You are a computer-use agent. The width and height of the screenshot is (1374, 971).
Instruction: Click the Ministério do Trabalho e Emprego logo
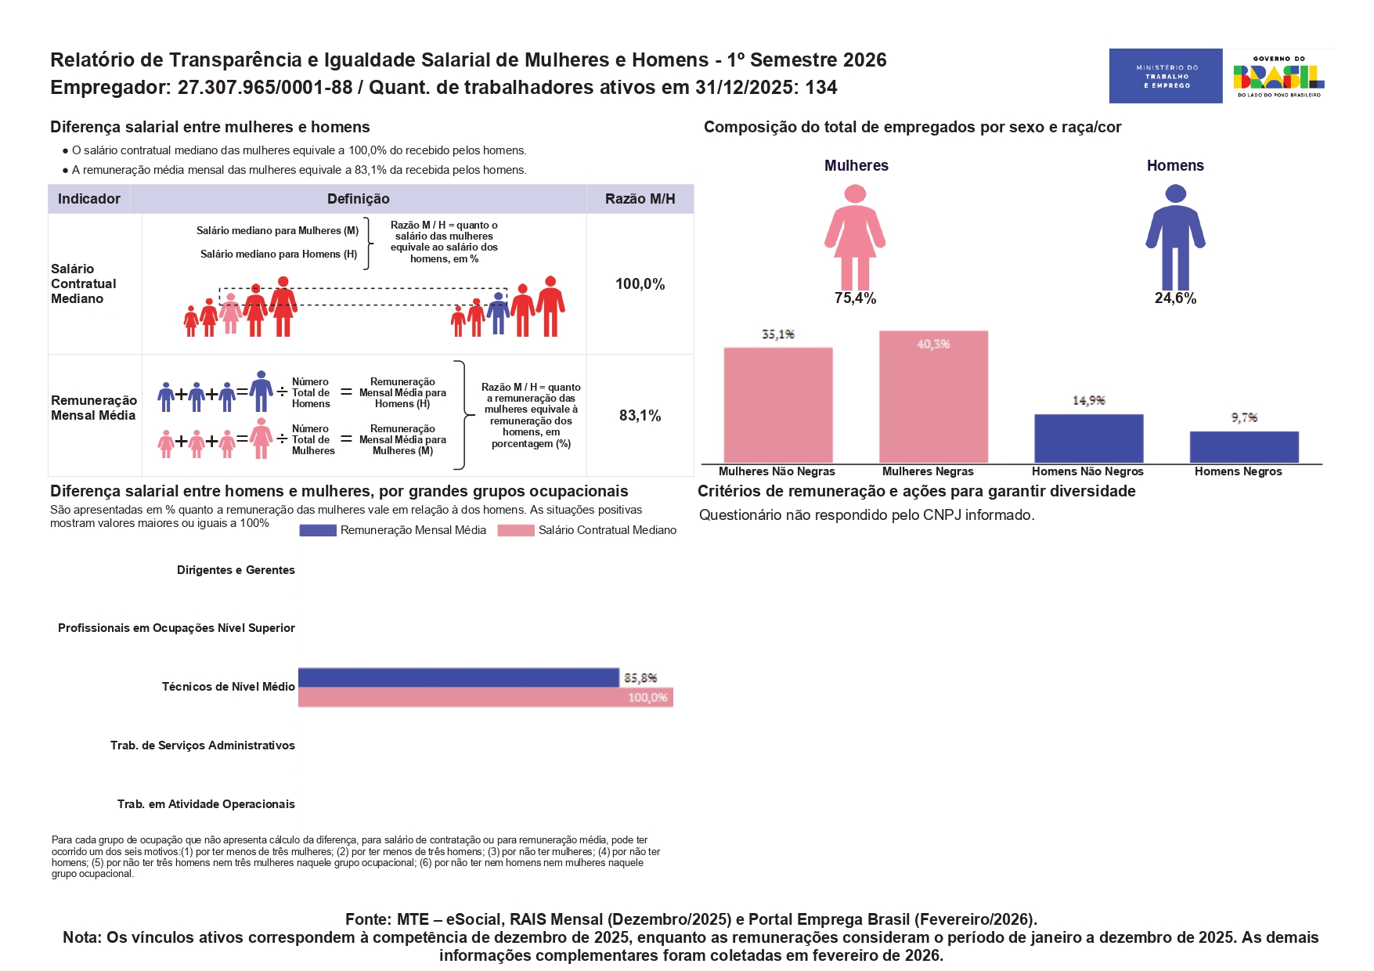pyautogui.click(x=1165, y=76)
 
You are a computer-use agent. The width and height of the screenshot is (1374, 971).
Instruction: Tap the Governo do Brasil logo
pyautogui.click(x=1278, y=76)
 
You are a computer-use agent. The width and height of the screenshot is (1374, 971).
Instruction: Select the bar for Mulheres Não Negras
pyautogui.click(x=777, y=405)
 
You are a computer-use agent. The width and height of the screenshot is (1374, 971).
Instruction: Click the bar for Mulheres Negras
pyautogui.click(x=933, y=396)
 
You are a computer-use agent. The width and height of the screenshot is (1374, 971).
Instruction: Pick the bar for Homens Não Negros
pyautogui.click(x=1088, y=439)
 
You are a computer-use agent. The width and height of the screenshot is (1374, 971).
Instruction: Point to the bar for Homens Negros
pyautogui.click(x=1243, y=447)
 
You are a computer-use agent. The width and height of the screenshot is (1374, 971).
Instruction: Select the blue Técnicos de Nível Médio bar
pyautogui.click(x=458, y=677)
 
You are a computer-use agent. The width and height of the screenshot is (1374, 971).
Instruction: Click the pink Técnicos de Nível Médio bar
pyautogui.click(x=485, y=697)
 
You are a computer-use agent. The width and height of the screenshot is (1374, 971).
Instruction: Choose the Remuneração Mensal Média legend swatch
pyautogui.click(x=317, y=531)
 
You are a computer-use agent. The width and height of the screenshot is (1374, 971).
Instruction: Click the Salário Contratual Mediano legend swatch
pyautogui.click(x=515, y=531)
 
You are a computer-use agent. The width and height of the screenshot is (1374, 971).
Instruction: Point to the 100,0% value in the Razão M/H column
pyautogui.click(x=640, y=284)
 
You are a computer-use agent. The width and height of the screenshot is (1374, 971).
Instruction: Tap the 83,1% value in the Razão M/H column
pyautogui.click(x=640, y=416)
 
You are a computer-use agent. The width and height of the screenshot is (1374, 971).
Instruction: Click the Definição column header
pyautogui.click(x=358, y=199)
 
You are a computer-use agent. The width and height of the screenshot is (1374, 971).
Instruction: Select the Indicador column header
pyautogui.click(x=89, y=199)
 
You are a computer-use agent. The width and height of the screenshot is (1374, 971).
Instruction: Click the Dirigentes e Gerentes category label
pyautogui.click(x=236, y=570)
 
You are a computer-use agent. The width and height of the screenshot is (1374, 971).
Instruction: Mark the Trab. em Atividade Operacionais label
pyautogui.click(x=206, y=804)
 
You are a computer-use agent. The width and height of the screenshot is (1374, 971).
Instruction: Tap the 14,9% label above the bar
pyautogui.click(x=1088, y=401)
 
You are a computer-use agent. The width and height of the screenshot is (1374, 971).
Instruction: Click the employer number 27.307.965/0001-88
pyautogui.click(x=265, y=87)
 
